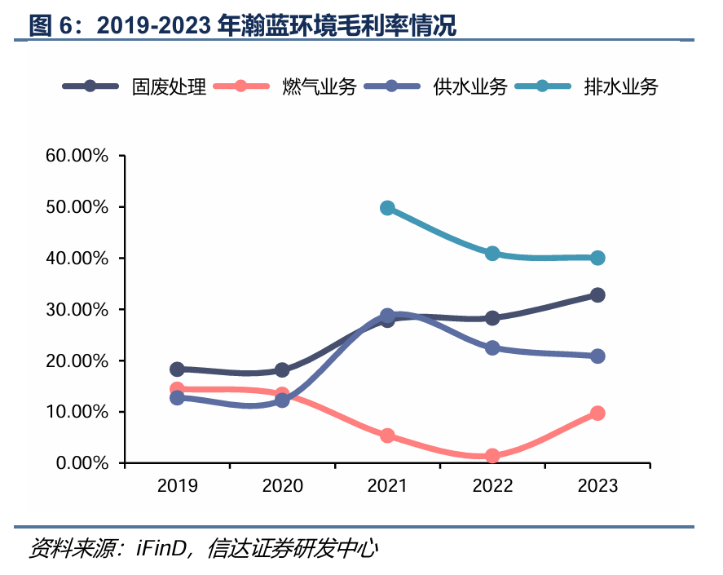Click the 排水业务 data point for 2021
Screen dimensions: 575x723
pos(387,208)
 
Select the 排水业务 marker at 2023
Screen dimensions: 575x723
pos(597,258)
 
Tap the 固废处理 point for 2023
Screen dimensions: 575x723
pos(597,295)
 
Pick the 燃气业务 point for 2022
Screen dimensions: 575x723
pos(492,456)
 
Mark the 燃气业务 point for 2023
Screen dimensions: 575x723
pos(597,414)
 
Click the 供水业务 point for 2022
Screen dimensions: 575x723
pos(492,347)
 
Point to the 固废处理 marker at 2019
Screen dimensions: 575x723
pos(177,369)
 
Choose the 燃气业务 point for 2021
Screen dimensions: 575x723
pos(387,436)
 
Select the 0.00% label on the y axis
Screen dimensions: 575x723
pos(81,463)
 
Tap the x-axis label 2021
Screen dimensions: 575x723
pos(387,486)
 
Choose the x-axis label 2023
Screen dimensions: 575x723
pos(597,486)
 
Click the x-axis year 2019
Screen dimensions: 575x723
pos(177,486)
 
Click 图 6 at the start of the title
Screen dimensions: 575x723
pos(51,25)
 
